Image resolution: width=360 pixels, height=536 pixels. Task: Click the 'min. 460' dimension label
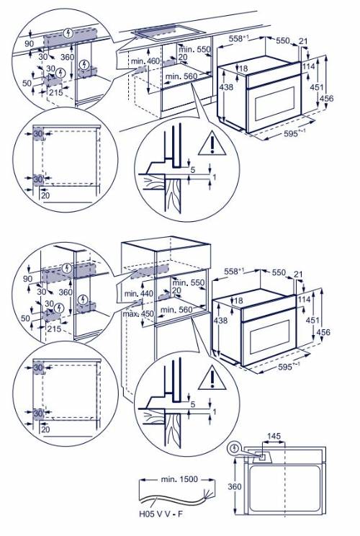145,61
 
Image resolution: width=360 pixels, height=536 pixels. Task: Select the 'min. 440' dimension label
139,293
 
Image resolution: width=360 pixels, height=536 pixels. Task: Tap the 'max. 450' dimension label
138,313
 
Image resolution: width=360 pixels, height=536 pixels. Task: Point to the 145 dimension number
274,436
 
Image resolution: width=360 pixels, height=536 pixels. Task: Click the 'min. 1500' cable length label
179,479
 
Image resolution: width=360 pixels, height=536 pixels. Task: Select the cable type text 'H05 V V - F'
161,514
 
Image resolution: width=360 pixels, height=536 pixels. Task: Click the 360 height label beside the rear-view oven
235,486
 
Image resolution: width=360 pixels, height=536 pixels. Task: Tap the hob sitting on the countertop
168,33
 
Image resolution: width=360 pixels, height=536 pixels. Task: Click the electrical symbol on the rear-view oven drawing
234,448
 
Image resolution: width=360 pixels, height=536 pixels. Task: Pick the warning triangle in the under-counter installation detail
212,143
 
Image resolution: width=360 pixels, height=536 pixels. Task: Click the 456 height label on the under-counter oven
326,99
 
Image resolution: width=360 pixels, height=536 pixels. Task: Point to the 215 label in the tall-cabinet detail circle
54,329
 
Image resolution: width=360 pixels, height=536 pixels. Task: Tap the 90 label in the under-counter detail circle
30,44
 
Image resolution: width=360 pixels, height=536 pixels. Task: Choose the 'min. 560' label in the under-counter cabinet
181,76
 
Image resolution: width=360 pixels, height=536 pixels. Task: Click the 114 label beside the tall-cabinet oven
304,300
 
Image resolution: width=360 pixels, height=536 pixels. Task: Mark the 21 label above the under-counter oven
303,41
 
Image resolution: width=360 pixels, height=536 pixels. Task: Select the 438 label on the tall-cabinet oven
220,321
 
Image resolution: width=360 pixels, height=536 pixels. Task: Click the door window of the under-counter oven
274,104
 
